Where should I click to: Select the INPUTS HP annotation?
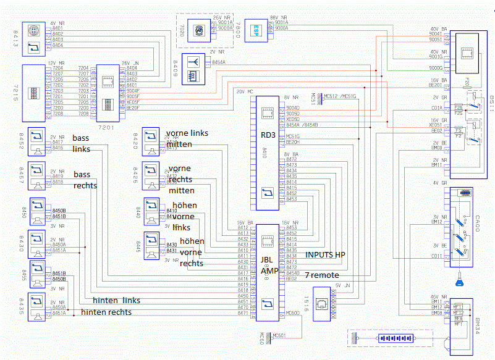click(326, 254)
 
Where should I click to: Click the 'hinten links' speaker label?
click(116, 300)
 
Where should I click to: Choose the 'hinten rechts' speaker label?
click(106, 312)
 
